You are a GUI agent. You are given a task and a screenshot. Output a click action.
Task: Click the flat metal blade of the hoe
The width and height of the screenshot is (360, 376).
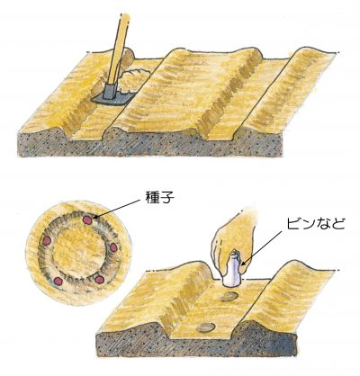[111, 99]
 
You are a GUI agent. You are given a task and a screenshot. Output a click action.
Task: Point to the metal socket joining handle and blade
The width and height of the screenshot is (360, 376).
[109, 91]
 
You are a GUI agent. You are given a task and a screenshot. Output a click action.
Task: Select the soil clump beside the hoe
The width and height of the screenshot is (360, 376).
[133, 80]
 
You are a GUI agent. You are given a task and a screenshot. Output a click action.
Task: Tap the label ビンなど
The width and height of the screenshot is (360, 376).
[315, 224]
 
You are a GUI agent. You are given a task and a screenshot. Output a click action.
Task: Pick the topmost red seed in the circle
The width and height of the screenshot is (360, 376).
[87, 220]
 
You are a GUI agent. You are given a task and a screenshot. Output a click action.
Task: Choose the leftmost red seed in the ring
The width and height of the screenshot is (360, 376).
[48, 240]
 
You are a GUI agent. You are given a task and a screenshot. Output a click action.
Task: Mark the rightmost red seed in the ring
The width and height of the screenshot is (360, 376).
[113, 247]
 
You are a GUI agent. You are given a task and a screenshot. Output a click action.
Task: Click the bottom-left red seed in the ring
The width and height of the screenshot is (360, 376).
[58, 281]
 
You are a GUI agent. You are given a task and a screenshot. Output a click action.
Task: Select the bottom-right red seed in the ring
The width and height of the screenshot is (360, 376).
[99, 280]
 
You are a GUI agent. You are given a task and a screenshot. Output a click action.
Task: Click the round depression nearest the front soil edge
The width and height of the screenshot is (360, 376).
[206, 327]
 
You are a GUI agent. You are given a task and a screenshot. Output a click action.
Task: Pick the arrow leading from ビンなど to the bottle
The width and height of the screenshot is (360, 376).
[262, 248]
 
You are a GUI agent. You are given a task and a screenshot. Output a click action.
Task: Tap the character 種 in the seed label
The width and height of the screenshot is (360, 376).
[153, 198]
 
